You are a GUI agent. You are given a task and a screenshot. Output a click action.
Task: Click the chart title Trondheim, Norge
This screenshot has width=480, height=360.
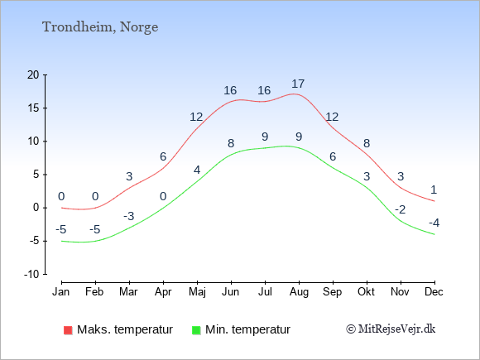pyautogui.click(x=100, y=27)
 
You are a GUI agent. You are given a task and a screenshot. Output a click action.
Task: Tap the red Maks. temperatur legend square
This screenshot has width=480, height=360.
pyautogui.click(x=66, y=329)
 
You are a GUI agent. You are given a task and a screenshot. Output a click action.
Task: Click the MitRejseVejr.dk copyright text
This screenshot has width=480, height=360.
pyautogui.click(x=391, y=329)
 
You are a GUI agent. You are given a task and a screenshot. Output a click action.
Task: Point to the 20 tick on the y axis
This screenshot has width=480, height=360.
pyautogui.click(x=33, y=74)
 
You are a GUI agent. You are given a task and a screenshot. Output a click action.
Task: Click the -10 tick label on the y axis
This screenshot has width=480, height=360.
pyautogui.click(x=31, y=274)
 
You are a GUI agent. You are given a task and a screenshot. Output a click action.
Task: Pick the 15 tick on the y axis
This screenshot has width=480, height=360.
pyautogui.click(x=33, y=108)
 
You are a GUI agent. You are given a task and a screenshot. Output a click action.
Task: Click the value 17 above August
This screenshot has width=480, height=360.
pyautogui.click(x=298, y=84)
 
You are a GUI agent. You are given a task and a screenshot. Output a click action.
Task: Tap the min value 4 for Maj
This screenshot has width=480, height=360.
pyautogui.click(x=197, y=170)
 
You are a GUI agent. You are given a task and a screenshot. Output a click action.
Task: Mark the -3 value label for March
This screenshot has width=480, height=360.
pyautogui.click(x=129, y=217)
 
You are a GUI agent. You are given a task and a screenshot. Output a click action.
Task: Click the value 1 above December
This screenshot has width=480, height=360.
pyautogui.click(x=434, y=190)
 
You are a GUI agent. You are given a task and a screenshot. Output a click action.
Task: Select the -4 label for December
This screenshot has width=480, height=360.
pyautogui.click(x=434, y=223)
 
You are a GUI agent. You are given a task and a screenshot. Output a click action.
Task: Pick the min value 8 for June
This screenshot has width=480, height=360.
pyautogui.click(x=231, y=143)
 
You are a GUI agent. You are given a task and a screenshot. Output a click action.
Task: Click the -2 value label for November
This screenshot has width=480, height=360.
pyautogui.click(x=400, y=209)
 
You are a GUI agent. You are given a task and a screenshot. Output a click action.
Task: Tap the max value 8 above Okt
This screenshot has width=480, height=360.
pyautogui.click(x=366, y=143)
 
